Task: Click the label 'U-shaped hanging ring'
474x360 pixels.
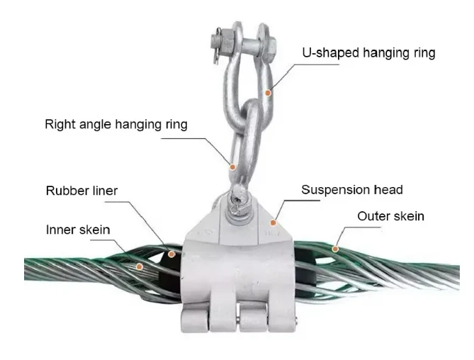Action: (x=368, y=52)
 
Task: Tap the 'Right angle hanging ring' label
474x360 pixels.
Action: (x=116, y=124)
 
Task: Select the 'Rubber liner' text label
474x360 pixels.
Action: (x=81, y=191)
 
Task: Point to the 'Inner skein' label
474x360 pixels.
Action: (x=78, y=230)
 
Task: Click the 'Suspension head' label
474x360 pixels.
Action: (x=352, y=190)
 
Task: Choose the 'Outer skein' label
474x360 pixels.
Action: (x=391, y=216)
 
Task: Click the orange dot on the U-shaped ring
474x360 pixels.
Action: (x=268, y=93)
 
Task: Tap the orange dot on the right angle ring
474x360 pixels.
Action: (x=232, y=167)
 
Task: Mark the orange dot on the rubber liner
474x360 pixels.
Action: (x=171, y=254)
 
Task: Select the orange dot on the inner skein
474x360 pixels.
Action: (x=139, y=266)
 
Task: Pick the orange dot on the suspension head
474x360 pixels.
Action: (x=273, y=223)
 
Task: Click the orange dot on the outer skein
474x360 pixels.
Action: (x=335, y=249)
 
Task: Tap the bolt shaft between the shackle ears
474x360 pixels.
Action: (x=250, y=45)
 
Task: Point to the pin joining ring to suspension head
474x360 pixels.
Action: (x=239, y=201)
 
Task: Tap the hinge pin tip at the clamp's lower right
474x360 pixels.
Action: (x=297, y=320)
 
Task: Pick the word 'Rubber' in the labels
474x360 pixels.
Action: (x=64, y=191)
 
